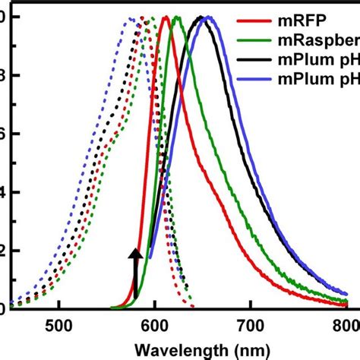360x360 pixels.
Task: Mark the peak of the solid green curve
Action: (176, 17)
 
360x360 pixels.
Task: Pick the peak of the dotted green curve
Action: (151, 17)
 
